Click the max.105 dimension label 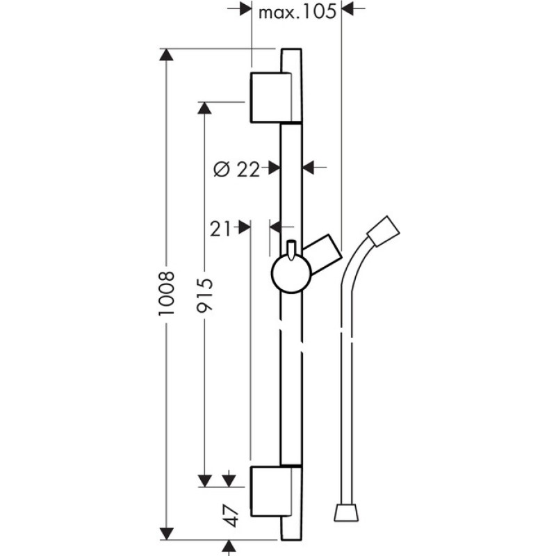pyautogui.click(x=297, y=12)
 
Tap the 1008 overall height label pyautogui.click(x=167, y=293)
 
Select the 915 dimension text pyautogui.click(x=205, y=295)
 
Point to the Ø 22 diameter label pyautogui.click(x=236, y=169)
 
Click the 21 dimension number pyautogui.click(x=220, y=229)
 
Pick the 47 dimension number pyautogui.click(x=231, y=516)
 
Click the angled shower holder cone pyautogui.click(x=322, y=254)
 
